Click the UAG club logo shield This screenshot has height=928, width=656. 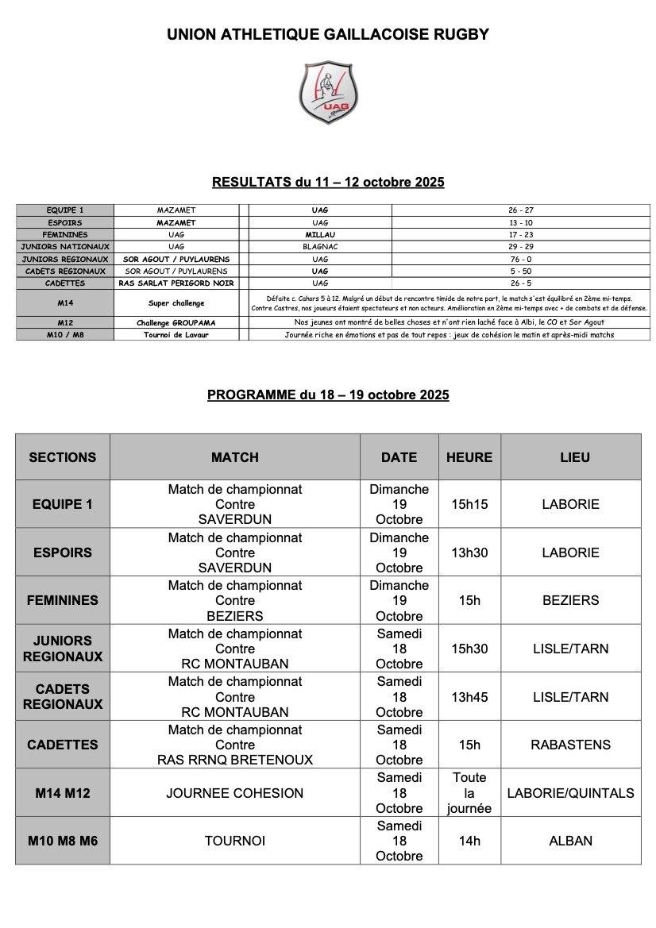pos(328,92)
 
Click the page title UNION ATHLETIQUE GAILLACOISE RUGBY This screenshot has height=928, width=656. pos(328,35)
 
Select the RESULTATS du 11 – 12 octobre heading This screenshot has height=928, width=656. pos(328,183)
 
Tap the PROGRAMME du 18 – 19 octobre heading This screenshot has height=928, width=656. pos(328,395)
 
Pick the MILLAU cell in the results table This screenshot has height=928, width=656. pos(320,235)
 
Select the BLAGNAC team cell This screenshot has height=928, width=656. pos(320,247)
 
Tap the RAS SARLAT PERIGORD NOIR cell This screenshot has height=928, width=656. pos(176,283)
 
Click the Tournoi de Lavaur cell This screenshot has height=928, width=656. pos(176,335)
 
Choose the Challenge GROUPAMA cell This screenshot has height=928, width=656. pos(176,323)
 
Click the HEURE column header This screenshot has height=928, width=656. pos(469,457)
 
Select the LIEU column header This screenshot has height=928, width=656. pos(570,457)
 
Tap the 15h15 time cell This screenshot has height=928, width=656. pos(469,504)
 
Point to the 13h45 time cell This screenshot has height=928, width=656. pos(469,697)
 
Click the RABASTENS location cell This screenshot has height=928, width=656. pos(570,745)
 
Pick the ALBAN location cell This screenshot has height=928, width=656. pos(570,841)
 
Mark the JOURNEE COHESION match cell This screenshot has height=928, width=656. pos(235,793)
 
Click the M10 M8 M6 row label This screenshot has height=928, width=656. pos(63,841)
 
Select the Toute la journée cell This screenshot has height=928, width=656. pos(469,793)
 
